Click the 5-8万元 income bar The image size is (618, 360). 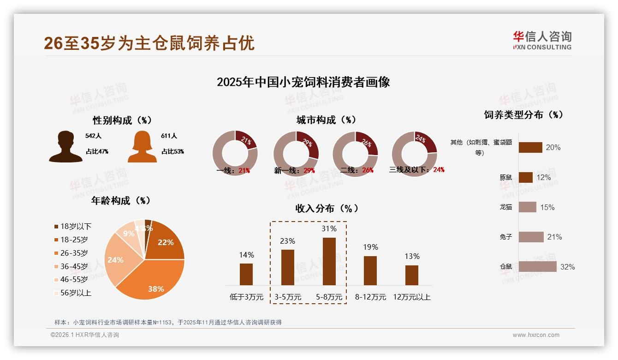pyautogui.click(x=329, y=261)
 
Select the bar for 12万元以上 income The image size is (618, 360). pyautogui.click(x=411, y=275)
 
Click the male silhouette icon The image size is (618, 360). pyautogui.click(x=65, y=147)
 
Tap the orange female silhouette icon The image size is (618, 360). pyautogui.click(x=142, y=147)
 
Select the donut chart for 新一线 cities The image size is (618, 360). pyautogui.click(x=296, y=153)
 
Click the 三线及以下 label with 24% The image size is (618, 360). pyautogui.click(x=416, y=170)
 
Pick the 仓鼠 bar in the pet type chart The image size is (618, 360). pyautogui.click(x=537, y=266)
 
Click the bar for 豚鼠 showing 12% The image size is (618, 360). pyautogui.click(x=525, y=177)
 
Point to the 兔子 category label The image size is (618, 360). pyautogui.click(x=506, y=237)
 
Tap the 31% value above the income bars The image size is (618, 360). pyautogui.click(x=329, y=228)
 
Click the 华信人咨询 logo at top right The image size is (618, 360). pyautogui.click(x=542, y=40)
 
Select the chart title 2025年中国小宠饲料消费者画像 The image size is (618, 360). pyautogui.click(x=303, y=82)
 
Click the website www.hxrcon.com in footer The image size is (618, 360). pyautogui.click(x=536, y=335)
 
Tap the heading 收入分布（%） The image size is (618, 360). pyautogui.click(x=327, y=209)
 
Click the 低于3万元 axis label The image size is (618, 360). pyautogui.click(x=246, y=297)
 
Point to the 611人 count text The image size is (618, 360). pyautogui.click(x=169, y=136)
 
